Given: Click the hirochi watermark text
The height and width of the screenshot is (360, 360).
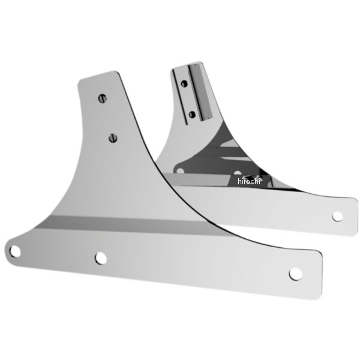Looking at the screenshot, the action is pos(249,181).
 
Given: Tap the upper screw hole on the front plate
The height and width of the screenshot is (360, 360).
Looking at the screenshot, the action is pos(103,98).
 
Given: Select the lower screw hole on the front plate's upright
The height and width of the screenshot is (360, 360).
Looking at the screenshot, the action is pos(113,138).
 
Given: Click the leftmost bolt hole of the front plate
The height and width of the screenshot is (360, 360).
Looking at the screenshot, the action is pos(15,251).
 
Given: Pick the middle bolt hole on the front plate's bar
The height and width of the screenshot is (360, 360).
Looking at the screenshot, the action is pos(101,258).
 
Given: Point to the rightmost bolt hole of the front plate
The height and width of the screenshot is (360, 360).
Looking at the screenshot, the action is pos(295,274).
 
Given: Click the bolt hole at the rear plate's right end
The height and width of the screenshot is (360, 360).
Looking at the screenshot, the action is pos(337,217).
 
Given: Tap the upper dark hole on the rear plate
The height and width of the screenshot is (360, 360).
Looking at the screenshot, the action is pos(184,83).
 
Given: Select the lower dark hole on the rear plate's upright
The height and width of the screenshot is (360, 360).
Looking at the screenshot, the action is pos(192,115).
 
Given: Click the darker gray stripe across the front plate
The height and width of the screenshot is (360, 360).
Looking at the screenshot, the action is pos(128,224).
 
